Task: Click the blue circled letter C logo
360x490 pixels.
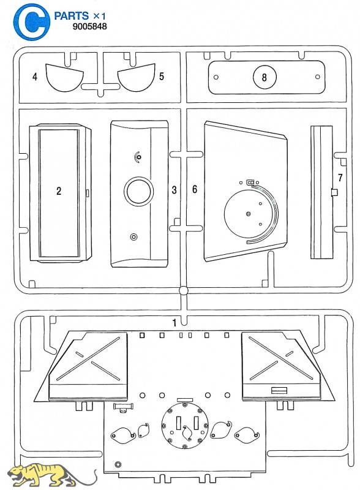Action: click(31, 21)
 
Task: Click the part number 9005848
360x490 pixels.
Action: click(89, 26)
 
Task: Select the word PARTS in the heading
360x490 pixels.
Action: click(72, 16)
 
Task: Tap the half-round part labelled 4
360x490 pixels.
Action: click(64, 78)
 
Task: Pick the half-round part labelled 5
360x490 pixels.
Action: click(137, 78)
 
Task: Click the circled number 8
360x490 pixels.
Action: click(264, 77)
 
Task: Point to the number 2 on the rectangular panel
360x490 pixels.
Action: click(59, 191)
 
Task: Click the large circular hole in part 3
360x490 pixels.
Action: click(139, 191)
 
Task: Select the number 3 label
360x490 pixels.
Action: click(174, 190)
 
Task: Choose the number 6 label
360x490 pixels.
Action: click(195, 189)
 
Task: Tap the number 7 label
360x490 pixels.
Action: click(340, 178)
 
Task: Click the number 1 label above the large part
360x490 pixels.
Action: click(174, 323)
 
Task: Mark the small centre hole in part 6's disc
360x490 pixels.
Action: click(248, 214)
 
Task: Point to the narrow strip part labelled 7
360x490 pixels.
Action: click(321, 192)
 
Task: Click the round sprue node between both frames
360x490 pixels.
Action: click(184, 290)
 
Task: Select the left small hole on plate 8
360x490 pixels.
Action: click(216, 77)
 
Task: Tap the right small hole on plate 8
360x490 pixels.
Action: click(318, 77)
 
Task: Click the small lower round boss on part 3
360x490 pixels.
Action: click(134, 236)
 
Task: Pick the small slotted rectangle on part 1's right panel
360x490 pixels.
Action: click(279, 390)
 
